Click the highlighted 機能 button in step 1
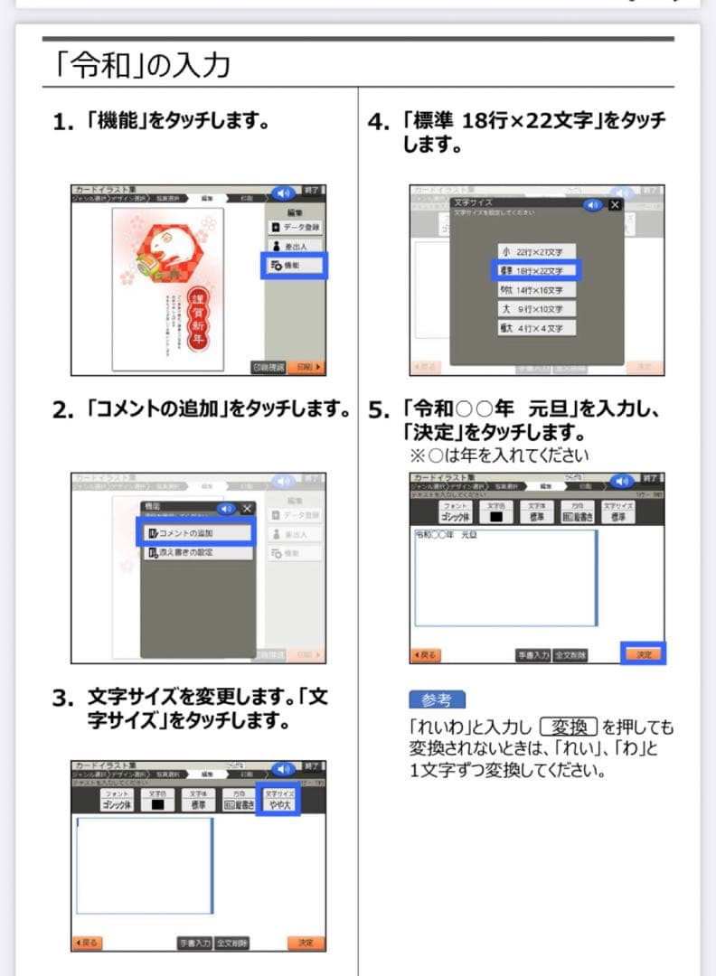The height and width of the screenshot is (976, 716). tap(294, 266)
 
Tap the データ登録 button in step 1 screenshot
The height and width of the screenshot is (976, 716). tap(296, 227)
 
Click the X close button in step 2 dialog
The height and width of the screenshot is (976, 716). tap(247, 509)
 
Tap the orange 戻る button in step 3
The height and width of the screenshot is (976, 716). tap(89, 943)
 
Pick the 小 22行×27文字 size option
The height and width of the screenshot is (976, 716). tap(537, 251)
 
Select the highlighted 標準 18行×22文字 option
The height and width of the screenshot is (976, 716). tap(537, 270)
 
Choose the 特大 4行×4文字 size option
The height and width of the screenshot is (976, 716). tap(537, 328)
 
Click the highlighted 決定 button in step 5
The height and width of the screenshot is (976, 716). tap(643, 654)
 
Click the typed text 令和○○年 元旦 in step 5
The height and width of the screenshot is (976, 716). tap(447, 536)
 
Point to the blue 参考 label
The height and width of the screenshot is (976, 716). tap(437, 699)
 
